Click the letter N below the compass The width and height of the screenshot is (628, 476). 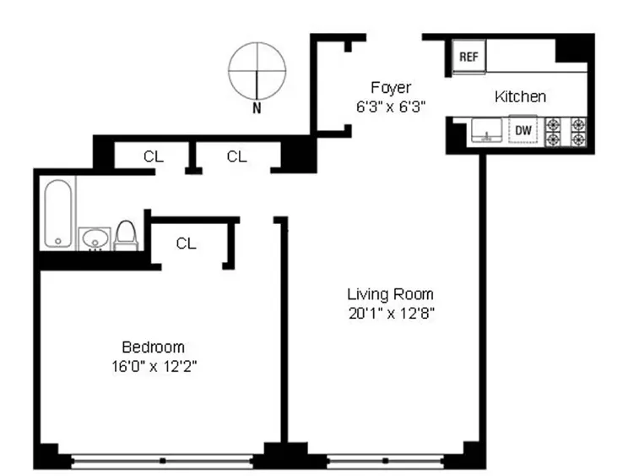tap(257, 107)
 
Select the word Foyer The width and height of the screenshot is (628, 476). tap(391, 88)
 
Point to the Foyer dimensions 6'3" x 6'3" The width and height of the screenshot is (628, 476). tap(391, 107)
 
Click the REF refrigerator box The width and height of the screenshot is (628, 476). tap(468, 57)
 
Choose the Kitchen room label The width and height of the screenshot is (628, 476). tap(520, 96)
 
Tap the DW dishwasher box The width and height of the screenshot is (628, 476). tap(523, 130)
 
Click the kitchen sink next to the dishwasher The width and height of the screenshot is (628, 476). tap(487, 130)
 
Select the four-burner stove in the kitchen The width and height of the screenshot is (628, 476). tap(566, 130)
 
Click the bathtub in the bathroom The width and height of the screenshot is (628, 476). tap(58, 213)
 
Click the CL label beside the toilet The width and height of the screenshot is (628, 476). tap(187, 243)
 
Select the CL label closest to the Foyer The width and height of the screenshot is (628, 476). tap(237, 156)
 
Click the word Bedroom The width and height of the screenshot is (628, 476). tap(153, 347)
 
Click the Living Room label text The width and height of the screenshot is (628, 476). tap(390, 294)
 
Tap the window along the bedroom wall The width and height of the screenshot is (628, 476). tap(161, 461)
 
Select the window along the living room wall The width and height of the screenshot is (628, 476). tap(384, 461)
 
